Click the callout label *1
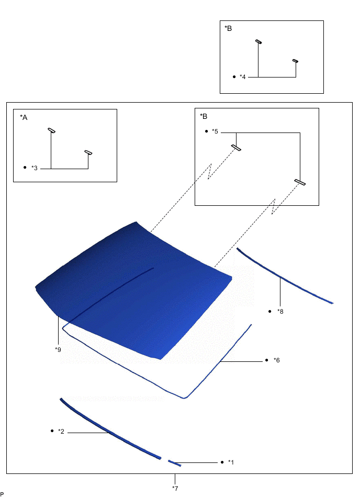pyautogui.click(x=231, y=462)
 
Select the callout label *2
pyautogui.click(x=61, y=432)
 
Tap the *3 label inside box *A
pyautogui.click(x=35, y=168)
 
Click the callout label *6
pyautogui.click(x=276, y=360)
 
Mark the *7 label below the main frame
pyautogui.click(x=175, y=488)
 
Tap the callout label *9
pyautogui.click(x=57, y=349)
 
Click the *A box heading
pyautogui.click(x=23, y=117)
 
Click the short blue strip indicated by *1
pyautogui.click(x=174, y=462)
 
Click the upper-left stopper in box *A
pyautogui.click(x=51, y=130)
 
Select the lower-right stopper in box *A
pyautogui.click(x=88, y=153)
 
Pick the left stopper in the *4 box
pyautogui.click(x=258, y=41)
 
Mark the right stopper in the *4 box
pyautogui.click(x=295, y=61)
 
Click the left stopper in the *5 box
pyautogui.click(x=236, y=148)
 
